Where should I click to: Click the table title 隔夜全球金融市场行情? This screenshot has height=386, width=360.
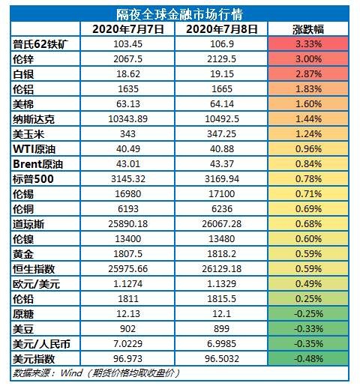coord(179,14)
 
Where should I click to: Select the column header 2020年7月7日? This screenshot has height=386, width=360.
coord(127,29)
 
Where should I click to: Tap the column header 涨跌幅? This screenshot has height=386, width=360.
coord(308,29)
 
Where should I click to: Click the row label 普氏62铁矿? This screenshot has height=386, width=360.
coord(40,44)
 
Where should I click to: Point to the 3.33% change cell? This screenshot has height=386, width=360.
coord(308,44)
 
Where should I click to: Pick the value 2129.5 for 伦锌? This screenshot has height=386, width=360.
coord(221,59)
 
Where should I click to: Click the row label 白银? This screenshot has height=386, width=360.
coord(23,74)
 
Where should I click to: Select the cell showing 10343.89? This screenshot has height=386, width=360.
coord(127,119)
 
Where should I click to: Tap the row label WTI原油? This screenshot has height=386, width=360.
coord(34,149)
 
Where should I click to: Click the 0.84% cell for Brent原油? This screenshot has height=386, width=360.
coord(308,164)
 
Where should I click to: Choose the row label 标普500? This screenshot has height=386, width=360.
coord(33,179)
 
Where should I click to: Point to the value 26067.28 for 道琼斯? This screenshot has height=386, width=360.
coord(221,224)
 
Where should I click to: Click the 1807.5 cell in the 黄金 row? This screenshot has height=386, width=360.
coord(127,254)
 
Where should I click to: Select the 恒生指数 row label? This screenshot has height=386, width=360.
coord(34,269)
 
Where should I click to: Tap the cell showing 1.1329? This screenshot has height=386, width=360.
coord(221,284)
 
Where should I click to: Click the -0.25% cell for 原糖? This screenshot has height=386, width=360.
coord(308,314)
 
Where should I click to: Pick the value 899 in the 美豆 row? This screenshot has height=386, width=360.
coord(221,329)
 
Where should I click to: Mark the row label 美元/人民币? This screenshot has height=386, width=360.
coord(41,344)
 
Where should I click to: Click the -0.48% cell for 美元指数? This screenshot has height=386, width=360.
coord(308,359)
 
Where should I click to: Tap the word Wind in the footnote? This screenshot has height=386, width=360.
coord(71,373)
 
